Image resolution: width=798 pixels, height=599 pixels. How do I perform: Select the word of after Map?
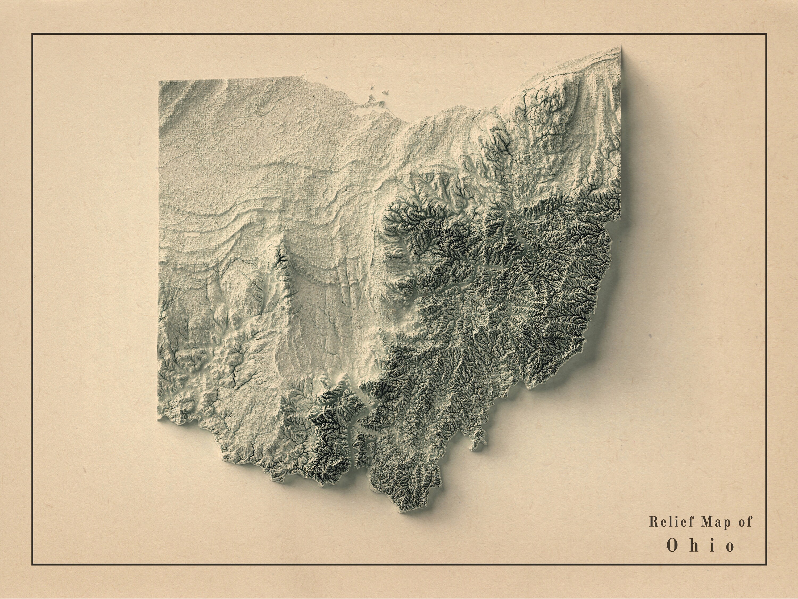pos(744,522)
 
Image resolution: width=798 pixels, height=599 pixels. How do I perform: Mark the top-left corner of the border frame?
pos(32,34)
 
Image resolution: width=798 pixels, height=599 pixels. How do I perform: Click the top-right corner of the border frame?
pos(766,34)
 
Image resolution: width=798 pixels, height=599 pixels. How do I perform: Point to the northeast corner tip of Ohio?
pos(621,46)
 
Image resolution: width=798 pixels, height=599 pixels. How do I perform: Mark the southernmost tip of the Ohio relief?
pos(406,512)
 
